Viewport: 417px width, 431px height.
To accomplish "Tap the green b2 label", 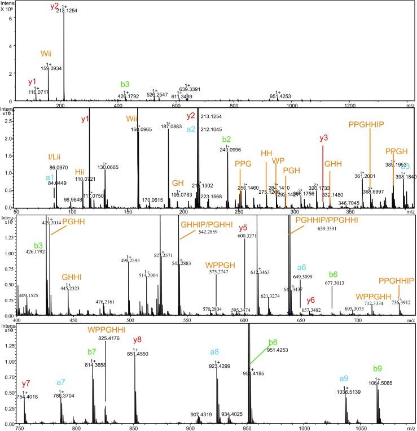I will coord(227,139).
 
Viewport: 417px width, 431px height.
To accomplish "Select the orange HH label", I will coord(266,153).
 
